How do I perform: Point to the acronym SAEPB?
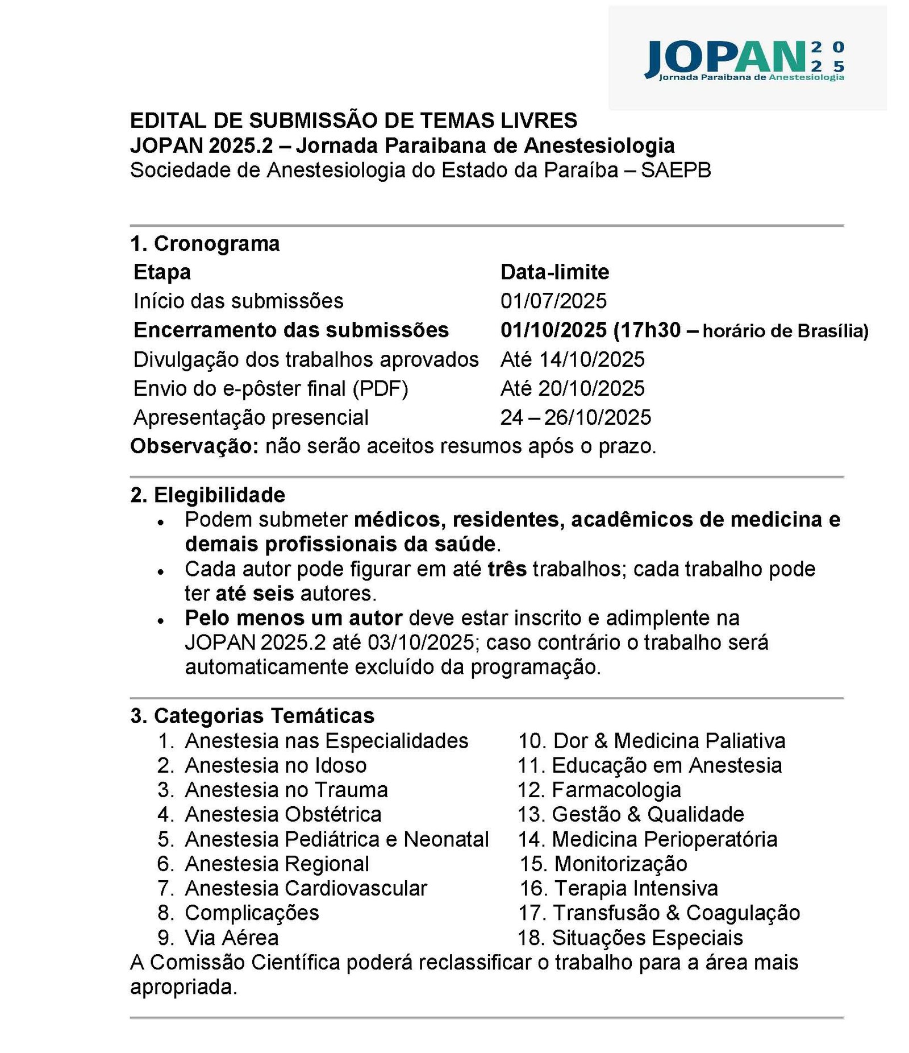click(676, 170)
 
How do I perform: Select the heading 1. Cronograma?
click(205, 243)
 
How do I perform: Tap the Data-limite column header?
click(554, 272)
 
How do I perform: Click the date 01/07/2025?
click(553, 301)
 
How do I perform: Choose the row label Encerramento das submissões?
click(291, 330)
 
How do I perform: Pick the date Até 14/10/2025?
click(572, 359)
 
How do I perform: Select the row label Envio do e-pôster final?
click(270, 388)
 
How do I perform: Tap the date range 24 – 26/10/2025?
click(576, 417)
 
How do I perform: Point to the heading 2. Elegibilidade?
click(208, 495)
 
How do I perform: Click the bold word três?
click(507, 569)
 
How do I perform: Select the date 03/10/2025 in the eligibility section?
click(420, 642)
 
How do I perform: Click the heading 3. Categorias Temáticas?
click(252, 716)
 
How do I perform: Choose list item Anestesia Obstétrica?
click(283, 814)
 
